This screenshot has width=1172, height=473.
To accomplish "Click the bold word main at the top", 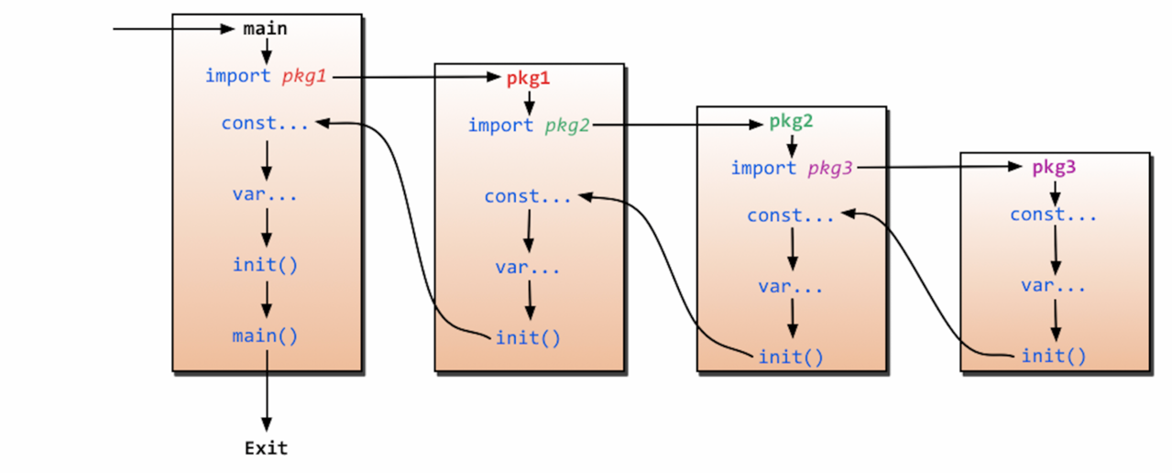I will [x=266, y=28].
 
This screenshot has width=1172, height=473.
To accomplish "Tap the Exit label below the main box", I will [x=266, y=448].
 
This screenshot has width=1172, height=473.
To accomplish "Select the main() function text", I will [x=266, y=335].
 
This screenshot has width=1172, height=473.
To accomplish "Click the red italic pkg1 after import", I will [x=304, y=76].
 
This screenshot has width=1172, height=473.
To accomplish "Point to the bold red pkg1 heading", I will [x=528, y=79].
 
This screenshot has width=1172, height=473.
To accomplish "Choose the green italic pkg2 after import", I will [x=567, y=125].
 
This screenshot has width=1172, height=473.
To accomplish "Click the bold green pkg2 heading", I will [x=792, y=121].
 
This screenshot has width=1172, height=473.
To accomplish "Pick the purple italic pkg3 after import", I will [x=830, y=168].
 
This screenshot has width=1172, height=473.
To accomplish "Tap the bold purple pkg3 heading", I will [x=1055, y=168].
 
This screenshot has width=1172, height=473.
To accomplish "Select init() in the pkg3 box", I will [x=1054, y=356].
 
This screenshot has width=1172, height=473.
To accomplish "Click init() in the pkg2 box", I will [x=791, y=356].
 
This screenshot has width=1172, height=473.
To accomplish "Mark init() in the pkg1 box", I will [x=528, y=337].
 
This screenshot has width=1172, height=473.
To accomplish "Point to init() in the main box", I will [x=266, y=265].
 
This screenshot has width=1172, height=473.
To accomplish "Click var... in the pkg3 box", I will [x=1054, y=285].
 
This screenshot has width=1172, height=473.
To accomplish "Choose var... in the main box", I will [x=266, y=194].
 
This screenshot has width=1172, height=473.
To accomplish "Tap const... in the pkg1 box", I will [x=528, y=196].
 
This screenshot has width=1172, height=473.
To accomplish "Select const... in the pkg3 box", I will [x=1054, y=214].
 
